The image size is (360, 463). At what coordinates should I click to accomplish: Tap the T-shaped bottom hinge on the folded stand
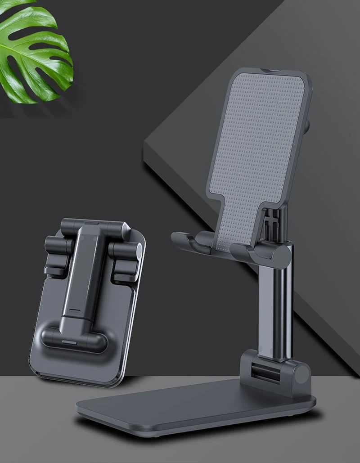point(74,337)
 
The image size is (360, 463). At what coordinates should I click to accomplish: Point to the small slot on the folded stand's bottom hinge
point(68,343)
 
